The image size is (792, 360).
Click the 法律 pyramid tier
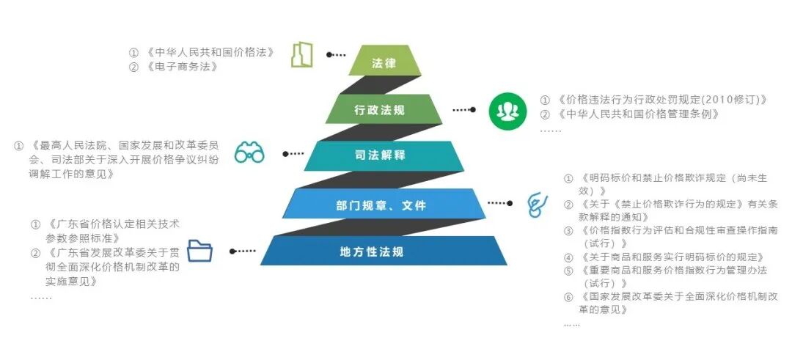click(384, 63)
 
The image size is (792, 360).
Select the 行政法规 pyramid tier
click(379, 110)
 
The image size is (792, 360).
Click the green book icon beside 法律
click(301, 55)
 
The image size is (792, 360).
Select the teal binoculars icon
click(249, 153)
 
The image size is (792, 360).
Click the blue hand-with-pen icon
click(538, 205)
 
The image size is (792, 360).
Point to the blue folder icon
click(199, 251)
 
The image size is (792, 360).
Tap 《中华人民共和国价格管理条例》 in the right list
click(639, 114)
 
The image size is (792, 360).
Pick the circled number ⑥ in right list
click(568, 297)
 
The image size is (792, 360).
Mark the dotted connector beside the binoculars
click(293, 153)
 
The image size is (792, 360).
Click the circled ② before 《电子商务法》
click(133, 67)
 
